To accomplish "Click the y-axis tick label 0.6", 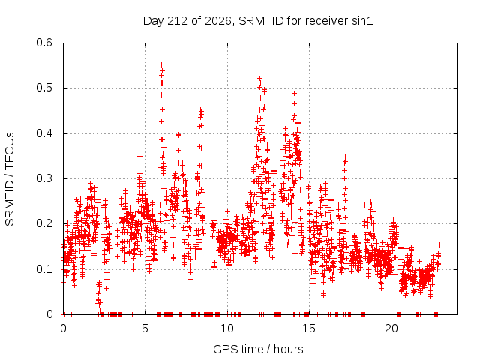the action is (x=44, y=43).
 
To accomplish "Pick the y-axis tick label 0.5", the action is (x=44, y=88).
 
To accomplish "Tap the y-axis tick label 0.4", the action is (x=44, y=133).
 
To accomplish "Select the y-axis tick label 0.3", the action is (x=44, y=178).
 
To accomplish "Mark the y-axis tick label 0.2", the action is (x=44, y=223).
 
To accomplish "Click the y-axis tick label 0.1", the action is (x=44, y=269).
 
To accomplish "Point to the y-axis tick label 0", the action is (x=50, y=314).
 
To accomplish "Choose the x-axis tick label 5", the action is (x=145, y=328).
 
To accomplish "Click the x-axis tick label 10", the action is (x=227, y=328).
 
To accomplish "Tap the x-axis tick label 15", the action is (x=309, y=328).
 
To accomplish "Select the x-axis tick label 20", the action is (x=391, y=328).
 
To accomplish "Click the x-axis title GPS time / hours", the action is (x=258, y=349).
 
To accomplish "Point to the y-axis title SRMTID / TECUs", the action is (x=10, y=179).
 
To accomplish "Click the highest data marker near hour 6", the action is (x=162, y=65).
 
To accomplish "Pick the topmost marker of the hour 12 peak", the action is (x=260, y=78).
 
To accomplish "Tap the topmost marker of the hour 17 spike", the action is (x=345, y=157).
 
